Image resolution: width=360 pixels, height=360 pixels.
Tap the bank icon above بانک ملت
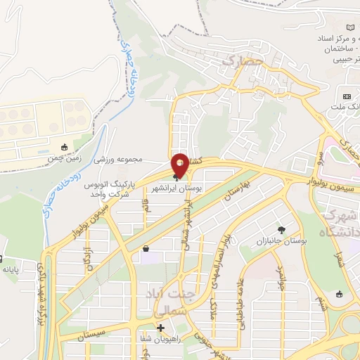tap(347, 96)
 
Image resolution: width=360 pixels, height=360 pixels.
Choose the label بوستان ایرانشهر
tap(178, 190)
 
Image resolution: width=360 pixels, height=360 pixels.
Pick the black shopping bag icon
tap(146, 248)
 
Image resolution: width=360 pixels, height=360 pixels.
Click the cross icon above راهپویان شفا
tap(160, 328)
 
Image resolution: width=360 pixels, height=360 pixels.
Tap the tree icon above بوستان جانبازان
tap(282, 230)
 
